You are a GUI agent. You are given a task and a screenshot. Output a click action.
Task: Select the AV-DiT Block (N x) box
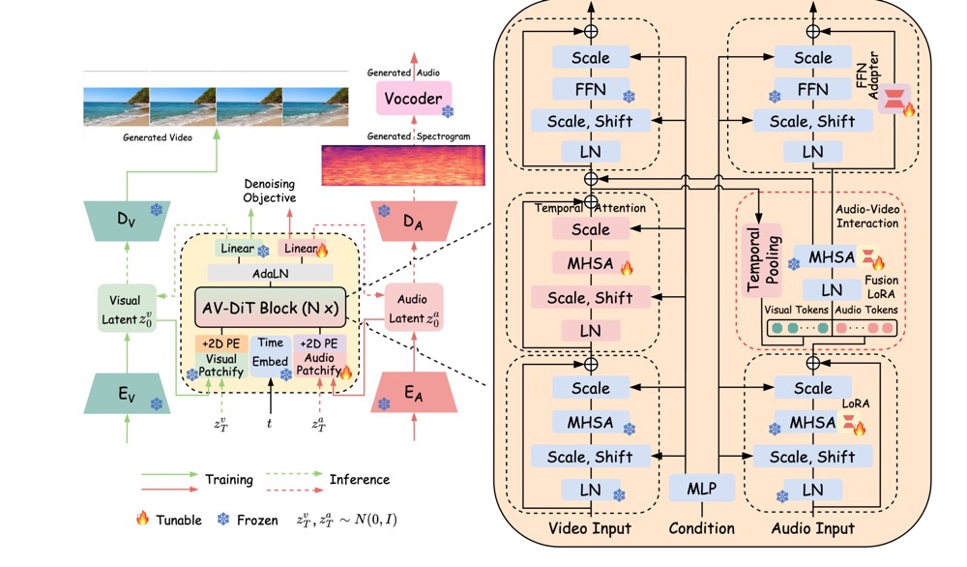(x=271, y=308)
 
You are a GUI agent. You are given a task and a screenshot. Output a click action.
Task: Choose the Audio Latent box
(x=413, y=309)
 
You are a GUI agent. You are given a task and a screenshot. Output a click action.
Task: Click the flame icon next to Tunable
(x=142, y=520)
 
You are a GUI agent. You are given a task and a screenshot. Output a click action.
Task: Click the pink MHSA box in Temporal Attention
(x=590, y=263)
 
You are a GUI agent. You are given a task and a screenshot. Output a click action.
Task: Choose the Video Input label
(x=589, y=528)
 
